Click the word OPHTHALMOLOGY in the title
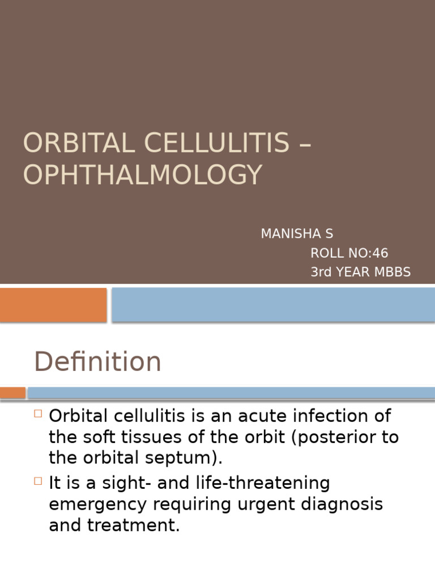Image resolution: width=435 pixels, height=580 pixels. [143, 174]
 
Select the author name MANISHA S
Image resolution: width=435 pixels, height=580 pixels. [297, 234]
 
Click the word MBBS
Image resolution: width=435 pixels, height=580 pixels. [391, 272]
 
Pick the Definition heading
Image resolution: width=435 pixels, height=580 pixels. [97, 362]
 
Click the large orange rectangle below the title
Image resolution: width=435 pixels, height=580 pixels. [53, 304]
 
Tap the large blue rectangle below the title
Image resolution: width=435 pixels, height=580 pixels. [273, 304]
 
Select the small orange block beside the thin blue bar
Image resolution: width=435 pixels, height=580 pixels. [12, 393]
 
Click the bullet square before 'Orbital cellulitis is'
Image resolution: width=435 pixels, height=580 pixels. [38, 414]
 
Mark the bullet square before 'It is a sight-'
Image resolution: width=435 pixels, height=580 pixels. [38, 481]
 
